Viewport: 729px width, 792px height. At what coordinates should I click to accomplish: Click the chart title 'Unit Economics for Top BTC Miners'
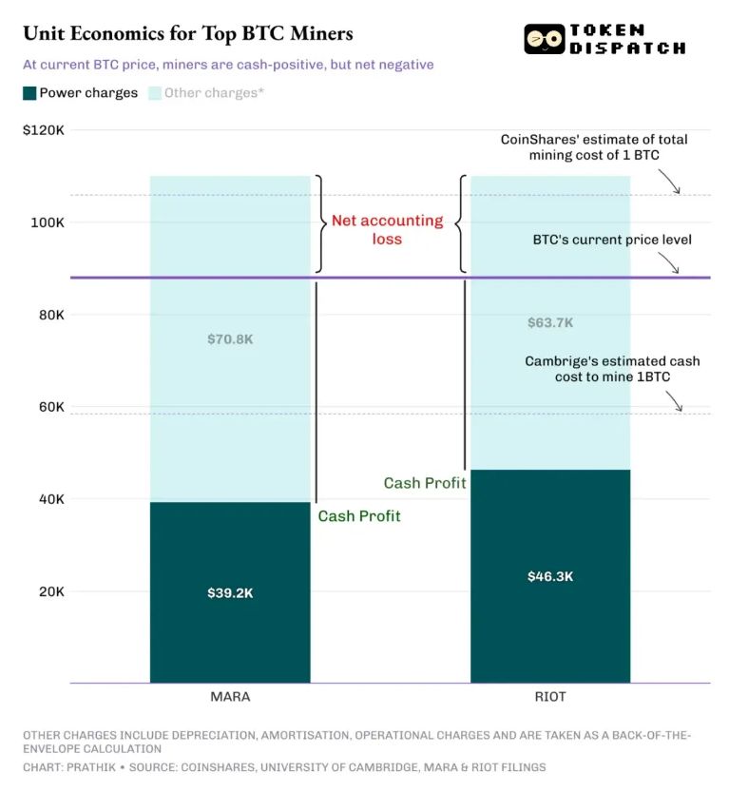tap(187, 33)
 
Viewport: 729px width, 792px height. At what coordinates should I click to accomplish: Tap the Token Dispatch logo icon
tap(544, 39)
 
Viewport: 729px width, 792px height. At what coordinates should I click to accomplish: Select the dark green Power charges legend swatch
tap(30, 93)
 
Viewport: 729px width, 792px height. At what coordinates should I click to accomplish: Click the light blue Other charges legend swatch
tap(156, 93)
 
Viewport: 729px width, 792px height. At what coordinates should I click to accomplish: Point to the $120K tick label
tap(43, 129)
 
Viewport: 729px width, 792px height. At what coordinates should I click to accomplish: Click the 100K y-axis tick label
tap(47, 222)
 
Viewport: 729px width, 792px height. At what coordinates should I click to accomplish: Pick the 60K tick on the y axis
tap(49, 407)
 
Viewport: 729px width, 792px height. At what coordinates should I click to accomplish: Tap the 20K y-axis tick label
tap(49, 591)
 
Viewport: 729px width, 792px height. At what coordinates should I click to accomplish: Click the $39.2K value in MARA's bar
tap(230, 592)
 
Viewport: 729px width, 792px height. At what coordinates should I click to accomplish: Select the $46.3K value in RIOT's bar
tap(550, 576)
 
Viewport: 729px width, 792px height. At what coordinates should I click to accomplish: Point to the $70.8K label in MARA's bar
tap(230, 338)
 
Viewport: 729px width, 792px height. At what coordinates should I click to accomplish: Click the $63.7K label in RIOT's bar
tap(550, 322)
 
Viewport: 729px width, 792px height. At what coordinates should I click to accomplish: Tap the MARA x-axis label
tap(230, 697)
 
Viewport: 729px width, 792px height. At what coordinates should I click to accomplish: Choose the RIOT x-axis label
tap(550, 697)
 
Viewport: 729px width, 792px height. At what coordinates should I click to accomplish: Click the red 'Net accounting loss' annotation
tap(387, 229)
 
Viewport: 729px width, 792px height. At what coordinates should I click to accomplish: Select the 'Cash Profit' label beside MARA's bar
tap(359, 516)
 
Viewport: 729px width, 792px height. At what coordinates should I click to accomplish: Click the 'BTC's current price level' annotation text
tap(611, 240)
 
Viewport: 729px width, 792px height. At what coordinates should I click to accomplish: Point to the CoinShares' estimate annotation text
tap(594, 146)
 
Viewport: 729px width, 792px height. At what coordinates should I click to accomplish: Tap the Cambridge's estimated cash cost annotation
tap(612, 369)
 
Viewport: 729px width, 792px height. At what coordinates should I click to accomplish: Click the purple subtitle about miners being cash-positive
tap(228, 65)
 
